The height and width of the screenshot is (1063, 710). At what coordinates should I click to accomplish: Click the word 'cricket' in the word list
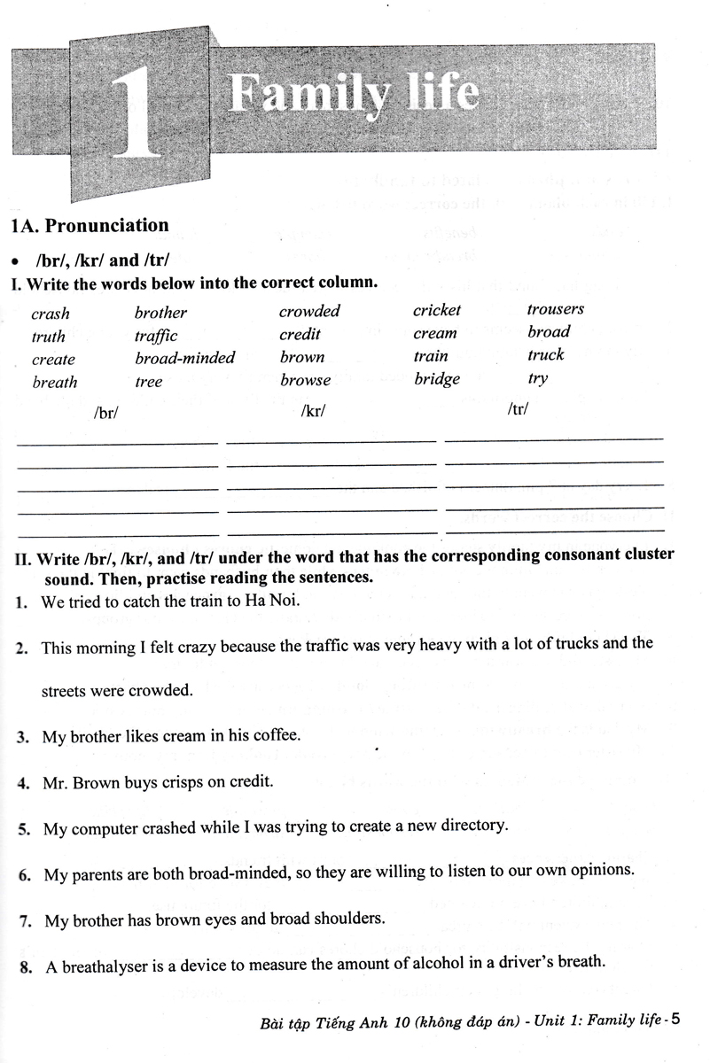click(437, 310)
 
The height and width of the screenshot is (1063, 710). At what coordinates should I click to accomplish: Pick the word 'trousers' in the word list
click(556, 309)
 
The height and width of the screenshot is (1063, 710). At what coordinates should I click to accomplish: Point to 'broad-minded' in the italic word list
click(184, 358)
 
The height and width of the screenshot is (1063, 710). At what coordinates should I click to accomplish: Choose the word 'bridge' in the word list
click(437, 379)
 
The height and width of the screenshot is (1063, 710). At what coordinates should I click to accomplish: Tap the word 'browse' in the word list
click(305, 381)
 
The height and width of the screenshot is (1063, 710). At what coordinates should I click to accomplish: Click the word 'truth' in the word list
click(49, 337)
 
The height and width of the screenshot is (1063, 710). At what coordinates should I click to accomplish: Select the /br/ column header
click(105, 412)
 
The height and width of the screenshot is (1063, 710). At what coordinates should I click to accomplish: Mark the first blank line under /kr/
click(331, 439)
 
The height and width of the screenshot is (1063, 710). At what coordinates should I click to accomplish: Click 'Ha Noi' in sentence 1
click(275, 601)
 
